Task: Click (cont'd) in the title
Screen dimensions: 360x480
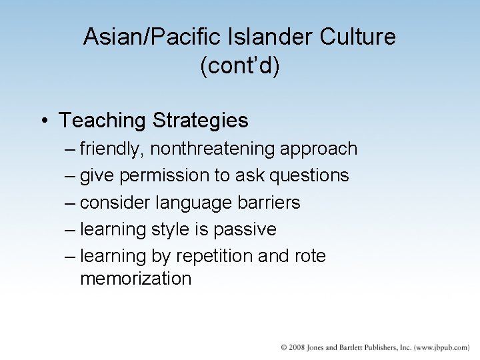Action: pyautogui.click(x=239, y=67)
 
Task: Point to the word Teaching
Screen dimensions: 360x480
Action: pyautogui.click(x=102, y=121)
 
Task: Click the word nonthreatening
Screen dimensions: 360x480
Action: pyautogui.click(x=211, y=149)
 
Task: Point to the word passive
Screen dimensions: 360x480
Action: pyautogui.click(x=245, y=230)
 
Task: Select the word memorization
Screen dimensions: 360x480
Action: pyautogui.click(x=135, y=279)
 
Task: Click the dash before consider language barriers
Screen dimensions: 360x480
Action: pyautogui.click(x=71, y=203)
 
